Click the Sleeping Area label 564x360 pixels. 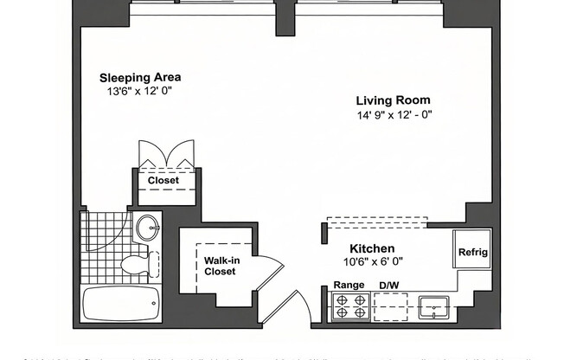pyautogui.click(x=139, y=76)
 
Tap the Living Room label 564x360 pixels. pyautogui.click(x=394, y=100)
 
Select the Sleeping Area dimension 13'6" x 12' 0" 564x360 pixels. pyautogui.click(x=140, y=91)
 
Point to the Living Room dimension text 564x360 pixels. pyautogui.click(x=394, y=114)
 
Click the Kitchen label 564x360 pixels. pyautogui.click(x=373, y=247)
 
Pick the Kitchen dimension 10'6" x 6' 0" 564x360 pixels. pyautogui.click(x=373, y=261)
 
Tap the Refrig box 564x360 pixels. pyautogui.click(x=472, y=252)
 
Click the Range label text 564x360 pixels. pyautogui.click(x=349, y=285)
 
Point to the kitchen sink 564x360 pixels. pyautogui.click(x=432, y=306)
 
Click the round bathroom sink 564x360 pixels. pyautogui.click(x=147, y=228)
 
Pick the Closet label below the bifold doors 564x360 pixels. pyautogui.click(x=164, y=181)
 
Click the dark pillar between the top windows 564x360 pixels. pyautogui.click(x=285, y=17)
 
